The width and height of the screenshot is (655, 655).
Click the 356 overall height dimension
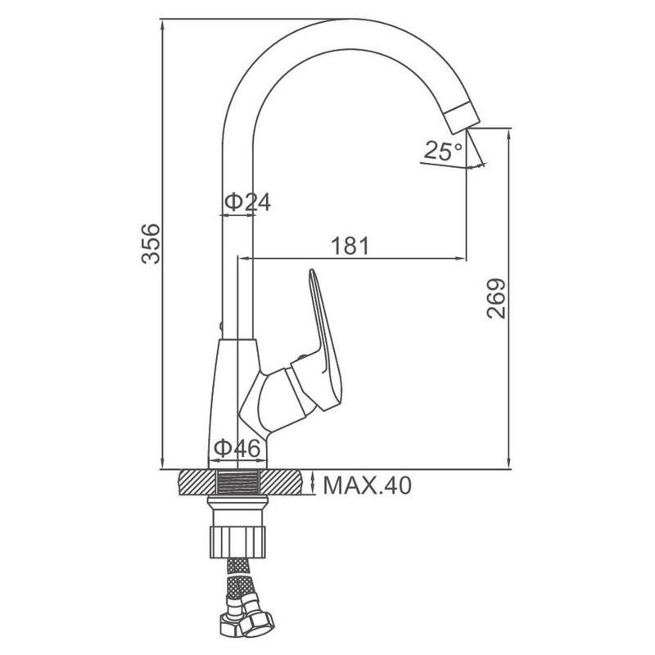151,244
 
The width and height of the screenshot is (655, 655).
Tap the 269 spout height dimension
496,299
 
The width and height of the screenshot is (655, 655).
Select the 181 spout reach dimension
350,246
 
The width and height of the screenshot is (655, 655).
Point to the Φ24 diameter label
248,201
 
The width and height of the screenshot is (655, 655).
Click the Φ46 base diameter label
237,448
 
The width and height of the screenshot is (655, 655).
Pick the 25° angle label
443,151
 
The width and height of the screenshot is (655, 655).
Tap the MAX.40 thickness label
367,485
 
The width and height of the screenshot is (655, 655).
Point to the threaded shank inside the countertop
239,482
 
